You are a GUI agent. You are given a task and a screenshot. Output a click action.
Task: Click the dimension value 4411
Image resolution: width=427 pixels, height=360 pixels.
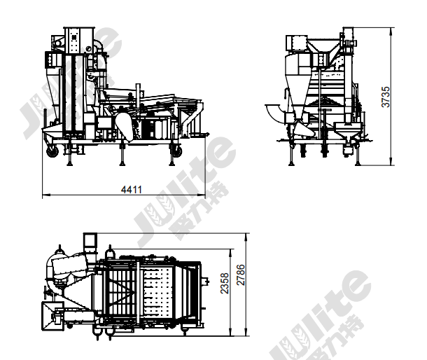132,189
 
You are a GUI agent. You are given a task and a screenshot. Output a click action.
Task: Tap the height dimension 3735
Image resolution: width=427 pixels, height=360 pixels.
386,97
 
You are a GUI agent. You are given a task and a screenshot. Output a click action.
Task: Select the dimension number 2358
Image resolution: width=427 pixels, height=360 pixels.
225,284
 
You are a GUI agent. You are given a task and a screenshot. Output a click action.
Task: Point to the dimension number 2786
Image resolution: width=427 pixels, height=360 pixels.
241,275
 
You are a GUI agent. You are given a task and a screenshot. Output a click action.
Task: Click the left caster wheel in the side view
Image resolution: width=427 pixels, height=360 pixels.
52,151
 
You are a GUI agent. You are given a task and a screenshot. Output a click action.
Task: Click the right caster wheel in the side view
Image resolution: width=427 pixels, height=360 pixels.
177,151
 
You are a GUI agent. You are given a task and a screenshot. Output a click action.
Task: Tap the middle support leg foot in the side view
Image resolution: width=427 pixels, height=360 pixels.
122,163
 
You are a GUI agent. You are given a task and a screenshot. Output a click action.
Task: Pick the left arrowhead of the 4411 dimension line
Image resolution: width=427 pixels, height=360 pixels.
46,195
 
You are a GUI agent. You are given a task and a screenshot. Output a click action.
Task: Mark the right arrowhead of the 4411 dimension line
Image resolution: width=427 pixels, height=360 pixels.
202,195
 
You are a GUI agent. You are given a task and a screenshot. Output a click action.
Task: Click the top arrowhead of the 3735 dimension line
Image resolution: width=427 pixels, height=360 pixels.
391,32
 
